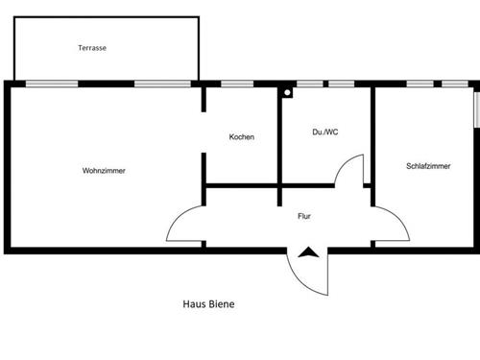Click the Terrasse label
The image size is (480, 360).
[x=92, y=48]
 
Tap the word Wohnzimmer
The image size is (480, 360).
[x=105, y=171]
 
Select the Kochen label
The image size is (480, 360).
[x=242, y=137]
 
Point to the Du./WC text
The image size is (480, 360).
[x=325, y=132]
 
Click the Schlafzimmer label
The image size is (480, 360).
[x=429, y=166]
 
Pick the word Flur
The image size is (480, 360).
[x=305, y=216]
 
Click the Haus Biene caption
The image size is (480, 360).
[x=208, y=304]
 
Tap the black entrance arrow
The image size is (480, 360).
[x=308, y=254]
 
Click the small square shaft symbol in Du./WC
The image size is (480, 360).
[x=286, y=93]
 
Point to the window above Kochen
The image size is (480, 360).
[x=237, y=84]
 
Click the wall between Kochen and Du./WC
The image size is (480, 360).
[x=279, y=134]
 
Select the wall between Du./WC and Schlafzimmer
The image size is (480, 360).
[x=373, y=134]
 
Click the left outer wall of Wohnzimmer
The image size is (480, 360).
[x=7, y=168]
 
